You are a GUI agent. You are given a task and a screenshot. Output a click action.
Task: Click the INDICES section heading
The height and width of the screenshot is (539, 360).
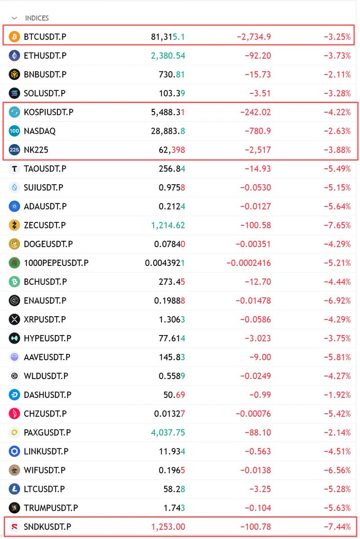37,18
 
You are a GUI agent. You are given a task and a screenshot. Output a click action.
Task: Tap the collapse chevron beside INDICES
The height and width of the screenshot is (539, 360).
14,18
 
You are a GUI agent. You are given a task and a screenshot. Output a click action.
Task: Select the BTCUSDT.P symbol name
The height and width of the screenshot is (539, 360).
45,37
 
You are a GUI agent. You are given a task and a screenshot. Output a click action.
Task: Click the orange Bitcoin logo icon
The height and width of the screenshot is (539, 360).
14,37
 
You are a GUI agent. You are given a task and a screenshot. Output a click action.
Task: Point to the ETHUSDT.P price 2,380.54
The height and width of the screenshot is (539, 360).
168,56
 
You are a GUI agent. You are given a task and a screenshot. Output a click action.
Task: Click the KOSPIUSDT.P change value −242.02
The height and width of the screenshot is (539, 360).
255,112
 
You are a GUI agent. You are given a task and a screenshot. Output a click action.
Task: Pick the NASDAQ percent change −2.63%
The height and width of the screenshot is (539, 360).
337,131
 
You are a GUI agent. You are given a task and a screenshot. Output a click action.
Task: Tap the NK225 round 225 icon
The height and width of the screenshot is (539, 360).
14,150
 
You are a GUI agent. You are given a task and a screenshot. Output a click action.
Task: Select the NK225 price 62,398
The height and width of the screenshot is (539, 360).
172,150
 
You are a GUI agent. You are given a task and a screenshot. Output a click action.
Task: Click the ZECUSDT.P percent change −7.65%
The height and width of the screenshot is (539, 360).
337,225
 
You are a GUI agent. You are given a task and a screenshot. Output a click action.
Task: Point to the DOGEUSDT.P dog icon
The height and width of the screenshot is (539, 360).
14,244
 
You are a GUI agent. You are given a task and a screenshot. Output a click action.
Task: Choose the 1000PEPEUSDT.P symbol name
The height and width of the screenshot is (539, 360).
56,263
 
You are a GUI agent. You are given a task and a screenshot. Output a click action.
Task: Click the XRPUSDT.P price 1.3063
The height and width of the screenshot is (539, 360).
172,319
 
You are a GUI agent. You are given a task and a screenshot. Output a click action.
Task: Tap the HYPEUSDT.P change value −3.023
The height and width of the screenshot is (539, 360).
258,338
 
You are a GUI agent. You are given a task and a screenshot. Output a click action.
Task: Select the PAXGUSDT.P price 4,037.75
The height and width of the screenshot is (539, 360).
168,433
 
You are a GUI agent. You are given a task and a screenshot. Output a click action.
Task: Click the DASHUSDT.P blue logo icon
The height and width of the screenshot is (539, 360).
14,395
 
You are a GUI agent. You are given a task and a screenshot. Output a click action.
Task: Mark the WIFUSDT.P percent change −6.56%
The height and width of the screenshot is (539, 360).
337,470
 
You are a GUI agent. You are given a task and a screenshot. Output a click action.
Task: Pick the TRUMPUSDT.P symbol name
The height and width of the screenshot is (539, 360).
51,508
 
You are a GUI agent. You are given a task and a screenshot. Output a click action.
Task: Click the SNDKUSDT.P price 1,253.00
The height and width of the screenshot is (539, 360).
168,527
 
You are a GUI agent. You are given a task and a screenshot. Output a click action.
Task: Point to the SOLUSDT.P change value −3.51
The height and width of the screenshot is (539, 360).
260,93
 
